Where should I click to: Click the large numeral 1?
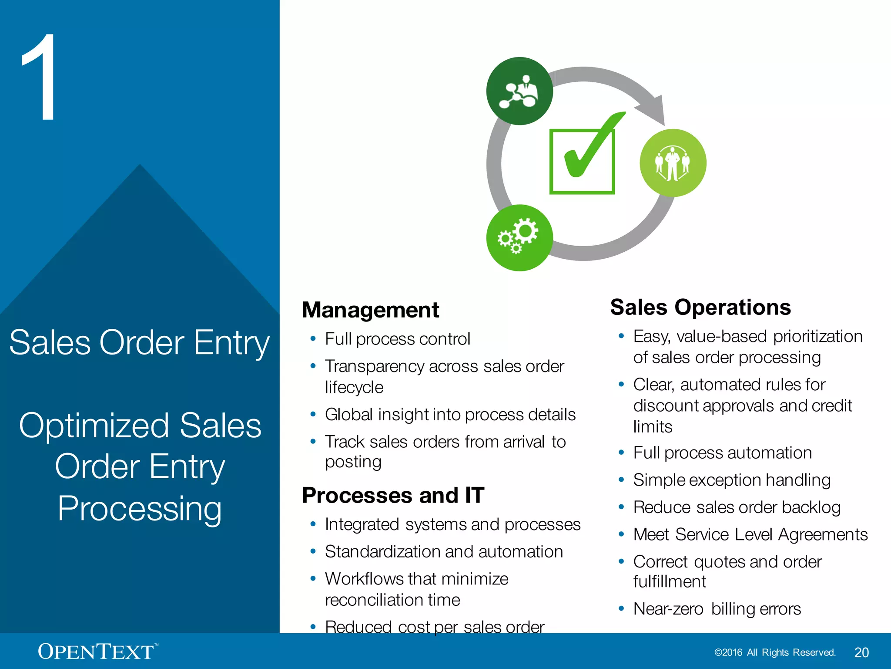click(x=40, y=78)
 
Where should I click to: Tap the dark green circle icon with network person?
click(x=519, y=91)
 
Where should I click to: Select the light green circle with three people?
click(x=673, y=163)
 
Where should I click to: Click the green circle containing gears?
click(x=519, y=238)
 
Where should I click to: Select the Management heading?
click(x=371, y=310)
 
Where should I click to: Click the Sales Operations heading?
click(x=700, y=307)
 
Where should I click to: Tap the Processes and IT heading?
click(x=393, y=496)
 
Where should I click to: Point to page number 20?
click(x=861, y=652)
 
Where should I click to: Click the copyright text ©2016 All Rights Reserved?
click(x=775, y=652)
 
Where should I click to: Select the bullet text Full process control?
click(x=398, y=339)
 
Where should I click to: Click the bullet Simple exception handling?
click(x=732, y=480)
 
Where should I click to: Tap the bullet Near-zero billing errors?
click(x=717, y=609)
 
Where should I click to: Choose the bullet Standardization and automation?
click(x=444, y=552)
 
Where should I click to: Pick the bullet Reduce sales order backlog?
click(x=737, y=507)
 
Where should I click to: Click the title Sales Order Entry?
click(x=139, y=343)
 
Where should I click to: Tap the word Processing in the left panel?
click(x=140, y=509)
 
